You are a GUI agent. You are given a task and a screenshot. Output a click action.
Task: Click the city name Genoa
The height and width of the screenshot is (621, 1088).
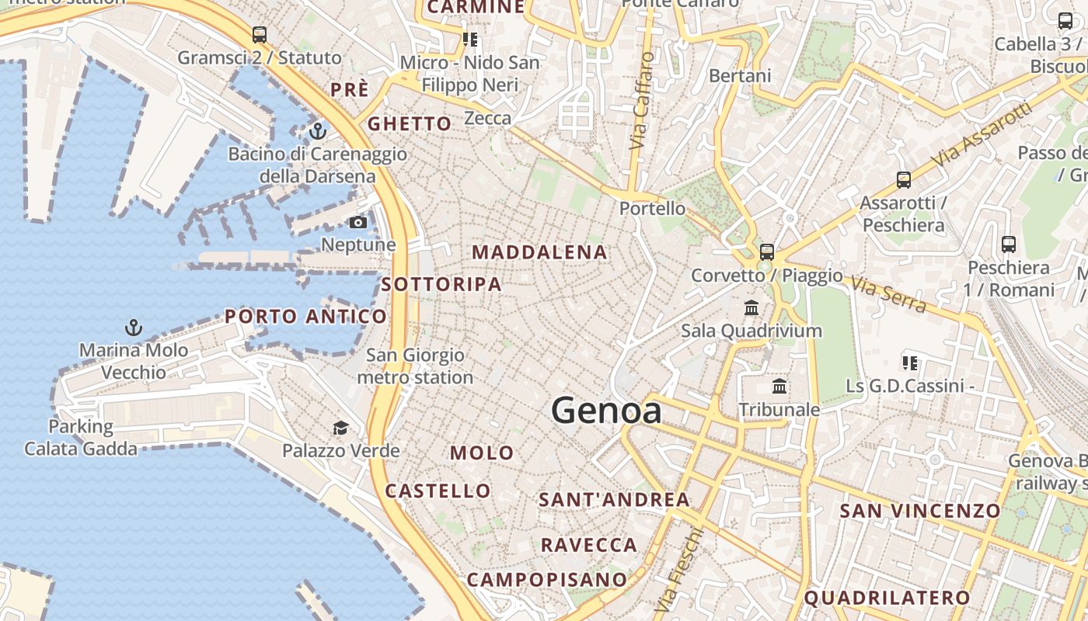tap(606, 411)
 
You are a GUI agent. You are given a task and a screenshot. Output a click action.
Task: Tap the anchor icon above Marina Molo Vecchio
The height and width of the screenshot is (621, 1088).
tap(134, 328)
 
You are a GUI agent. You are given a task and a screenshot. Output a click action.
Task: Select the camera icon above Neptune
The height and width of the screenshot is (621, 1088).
tap(358, 223)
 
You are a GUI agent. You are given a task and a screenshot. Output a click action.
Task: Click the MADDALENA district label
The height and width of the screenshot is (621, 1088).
tap(539, 252)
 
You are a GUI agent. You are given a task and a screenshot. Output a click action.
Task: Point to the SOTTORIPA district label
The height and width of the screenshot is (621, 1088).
tap(441, 284)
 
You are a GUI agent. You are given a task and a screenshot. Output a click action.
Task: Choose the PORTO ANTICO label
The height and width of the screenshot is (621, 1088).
tap(305, 316)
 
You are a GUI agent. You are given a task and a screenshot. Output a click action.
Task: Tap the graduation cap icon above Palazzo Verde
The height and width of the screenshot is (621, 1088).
tap(340, 428)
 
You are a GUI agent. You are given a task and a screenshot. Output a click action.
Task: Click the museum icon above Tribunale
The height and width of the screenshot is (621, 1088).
tap(779, 387)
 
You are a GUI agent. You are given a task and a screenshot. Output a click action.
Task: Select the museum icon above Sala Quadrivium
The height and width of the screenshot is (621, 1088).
tap(751, 308)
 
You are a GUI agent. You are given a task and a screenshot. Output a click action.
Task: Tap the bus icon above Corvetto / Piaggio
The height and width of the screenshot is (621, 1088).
tap(767, 252)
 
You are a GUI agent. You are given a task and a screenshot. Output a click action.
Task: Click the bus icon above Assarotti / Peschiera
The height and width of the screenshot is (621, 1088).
tap(903, 180)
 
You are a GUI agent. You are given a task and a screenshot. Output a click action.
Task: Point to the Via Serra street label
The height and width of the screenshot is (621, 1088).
tap(888, 294)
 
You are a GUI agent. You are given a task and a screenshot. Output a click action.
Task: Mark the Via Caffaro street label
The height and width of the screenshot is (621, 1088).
tap(641, 101)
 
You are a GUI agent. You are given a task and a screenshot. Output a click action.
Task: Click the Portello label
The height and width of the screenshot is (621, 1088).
tap(652, 208)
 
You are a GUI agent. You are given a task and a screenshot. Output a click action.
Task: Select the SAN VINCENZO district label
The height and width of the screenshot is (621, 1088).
tap(919, 510)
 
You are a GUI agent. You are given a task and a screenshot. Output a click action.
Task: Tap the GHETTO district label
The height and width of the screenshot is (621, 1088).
tap(409, 123)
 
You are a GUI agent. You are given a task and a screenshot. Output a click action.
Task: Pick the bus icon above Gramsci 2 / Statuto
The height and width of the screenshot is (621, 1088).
tap(260, 35)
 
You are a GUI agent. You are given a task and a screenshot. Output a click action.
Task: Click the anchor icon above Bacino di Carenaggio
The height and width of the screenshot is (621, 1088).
tap(317, 131)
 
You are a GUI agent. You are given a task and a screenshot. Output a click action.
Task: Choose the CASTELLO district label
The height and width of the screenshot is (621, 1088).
tap(438, 491)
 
